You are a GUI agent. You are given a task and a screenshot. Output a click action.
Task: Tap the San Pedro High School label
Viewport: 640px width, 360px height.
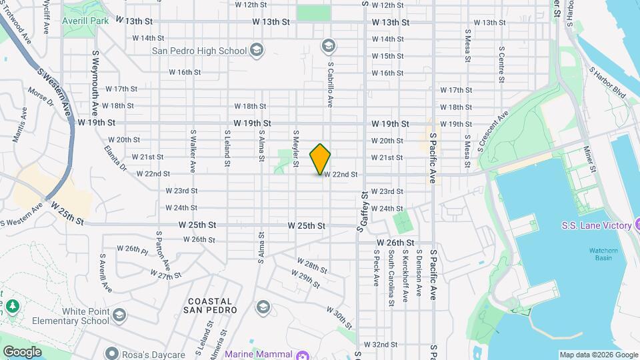[x=199, y=50]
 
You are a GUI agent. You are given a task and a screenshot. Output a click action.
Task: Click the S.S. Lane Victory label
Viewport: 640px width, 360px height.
[x=595, y=225]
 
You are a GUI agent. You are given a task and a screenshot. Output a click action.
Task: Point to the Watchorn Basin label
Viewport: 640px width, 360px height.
[x=587, y=253]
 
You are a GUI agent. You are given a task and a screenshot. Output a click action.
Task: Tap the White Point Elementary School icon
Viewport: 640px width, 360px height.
[x=119, y=315]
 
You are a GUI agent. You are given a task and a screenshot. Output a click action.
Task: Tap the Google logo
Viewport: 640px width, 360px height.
[x=22, y=351]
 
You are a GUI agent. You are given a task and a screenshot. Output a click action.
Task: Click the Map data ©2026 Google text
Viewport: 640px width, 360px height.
[x=598, y=355]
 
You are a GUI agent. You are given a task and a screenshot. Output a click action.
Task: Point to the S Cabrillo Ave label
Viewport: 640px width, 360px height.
[x=330, y=84]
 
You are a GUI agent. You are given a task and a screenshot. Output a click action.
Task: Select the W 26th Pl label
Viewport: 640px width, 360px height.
[x=132, y=249]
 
